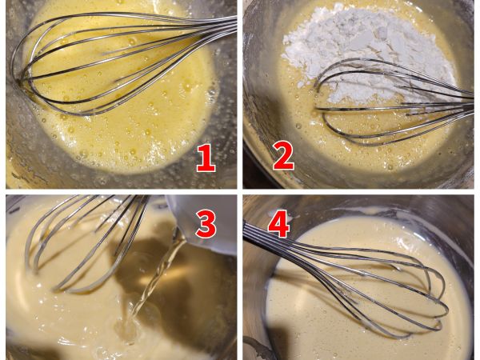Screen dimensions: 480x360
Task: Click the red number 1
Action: (206, 158)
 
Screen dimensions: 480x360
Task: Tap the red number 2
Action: (283, 155)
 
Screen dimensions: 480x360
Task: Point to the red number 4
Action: (279, 224)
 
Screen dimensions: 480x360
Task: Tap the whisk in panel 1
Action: (122, 62)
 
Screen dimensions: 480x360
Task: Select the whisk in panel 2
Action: (395, 101)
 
